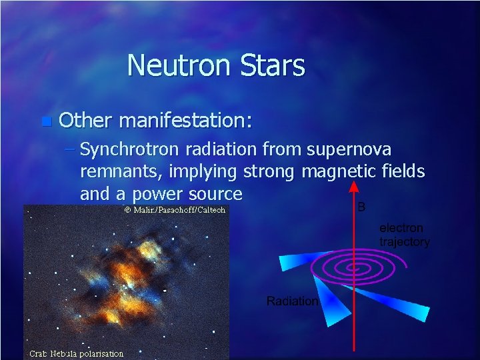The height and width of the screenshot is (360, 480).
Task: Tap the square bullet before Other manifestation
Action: [45, 121]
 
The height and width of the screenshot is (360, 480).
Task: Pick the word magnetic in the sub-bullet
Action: [340, 172]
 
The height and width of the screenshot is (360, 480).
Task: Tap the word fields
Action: [403, 171]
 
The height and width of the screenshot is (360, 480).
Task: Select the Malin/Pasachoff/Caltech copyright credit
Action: [175, 210]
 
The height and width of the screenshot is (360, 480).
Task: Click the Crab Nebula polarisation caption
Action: [76, 353]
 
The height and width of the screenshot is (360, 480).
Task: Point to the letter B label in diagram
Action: [362, 207]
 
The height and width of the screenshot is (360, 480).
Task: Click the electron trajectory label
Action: [404, 235]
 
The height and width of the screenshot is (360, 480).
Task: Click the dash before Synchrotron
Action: [71, 150]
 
